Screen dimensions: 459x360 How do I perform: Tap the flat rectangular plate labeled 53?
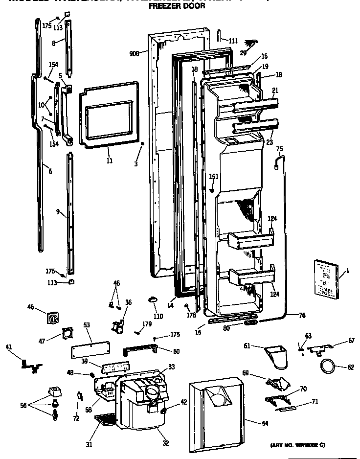(x=90, y=349)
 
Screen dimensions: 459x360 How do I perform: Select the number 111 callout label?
(x=232, y=41)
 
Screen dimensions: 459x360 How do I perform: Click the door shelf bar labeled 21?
(x=256, y=104)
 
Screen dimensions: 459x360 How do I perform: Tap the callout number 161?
(x=214, y=177)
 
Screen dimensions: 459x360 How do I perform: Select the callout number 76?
(x=302, y=316)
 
